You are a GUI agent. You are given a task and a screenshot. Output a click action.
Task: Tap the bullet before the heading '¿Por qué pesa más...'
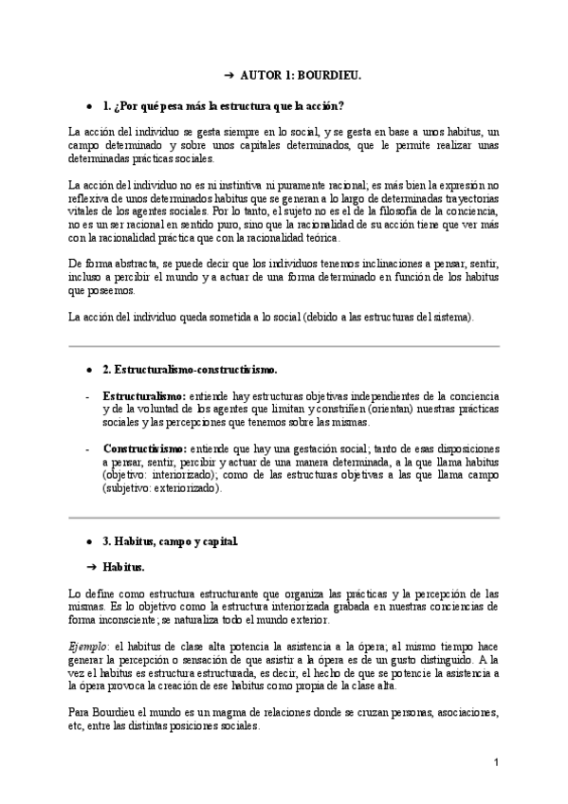coord(88,105)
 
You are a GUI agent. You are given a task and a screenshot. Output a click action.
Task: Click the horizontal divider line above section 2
coord(284,346)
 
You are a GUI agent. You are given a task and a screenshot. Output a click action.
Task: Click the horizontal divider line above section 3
coord(284,518)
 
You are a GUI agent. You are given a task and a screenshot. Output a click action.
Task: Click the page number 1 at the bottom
coord(496,761)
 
